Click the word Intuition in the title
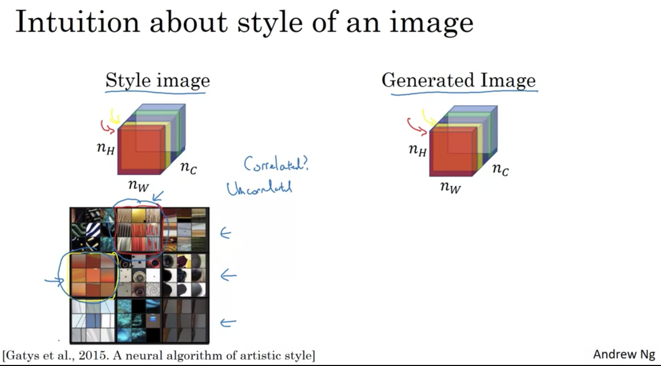[77, 22]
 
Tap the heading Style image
[158, 81]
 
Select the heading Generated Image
[459, 81]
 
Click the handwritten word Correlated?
[276, 164]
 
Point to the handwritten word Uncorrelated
[259, 188]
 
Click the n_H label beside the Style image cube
[106, 148]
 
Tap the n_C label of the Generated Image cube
[500, 169]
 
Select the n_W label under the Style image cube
[139, 185]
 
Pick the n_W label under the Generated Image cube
[451, 187]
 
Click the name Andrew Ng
[624, 354]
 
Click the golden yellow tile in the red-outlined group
[139, 216]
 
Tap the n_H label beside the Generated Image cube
[418, 150]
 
